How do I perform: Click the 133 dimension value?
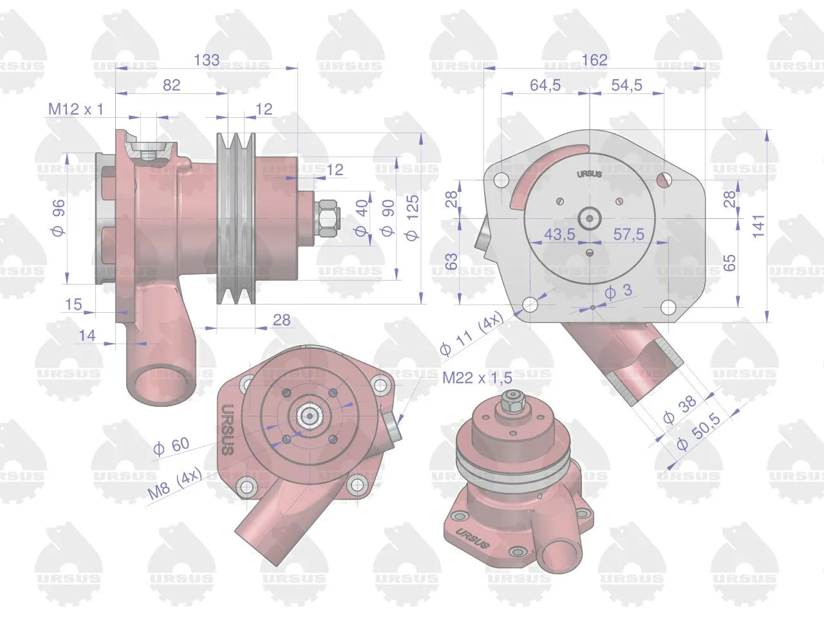click(207, 60)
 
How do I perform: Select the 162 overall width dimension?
click(594, 60)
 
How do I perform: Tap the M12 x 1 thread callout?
click(75, 109)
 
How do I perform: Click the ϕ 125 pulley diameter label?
click(412, 218)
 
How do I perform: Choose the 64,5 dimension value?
click(545, 85)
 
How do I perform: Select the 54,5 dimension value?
click(626, 85)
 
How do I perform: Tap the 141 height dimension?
click(758, 226)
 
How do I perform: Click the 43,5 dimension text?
click(559, 234)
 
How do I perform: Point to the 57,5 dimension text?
click(629, 234)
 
